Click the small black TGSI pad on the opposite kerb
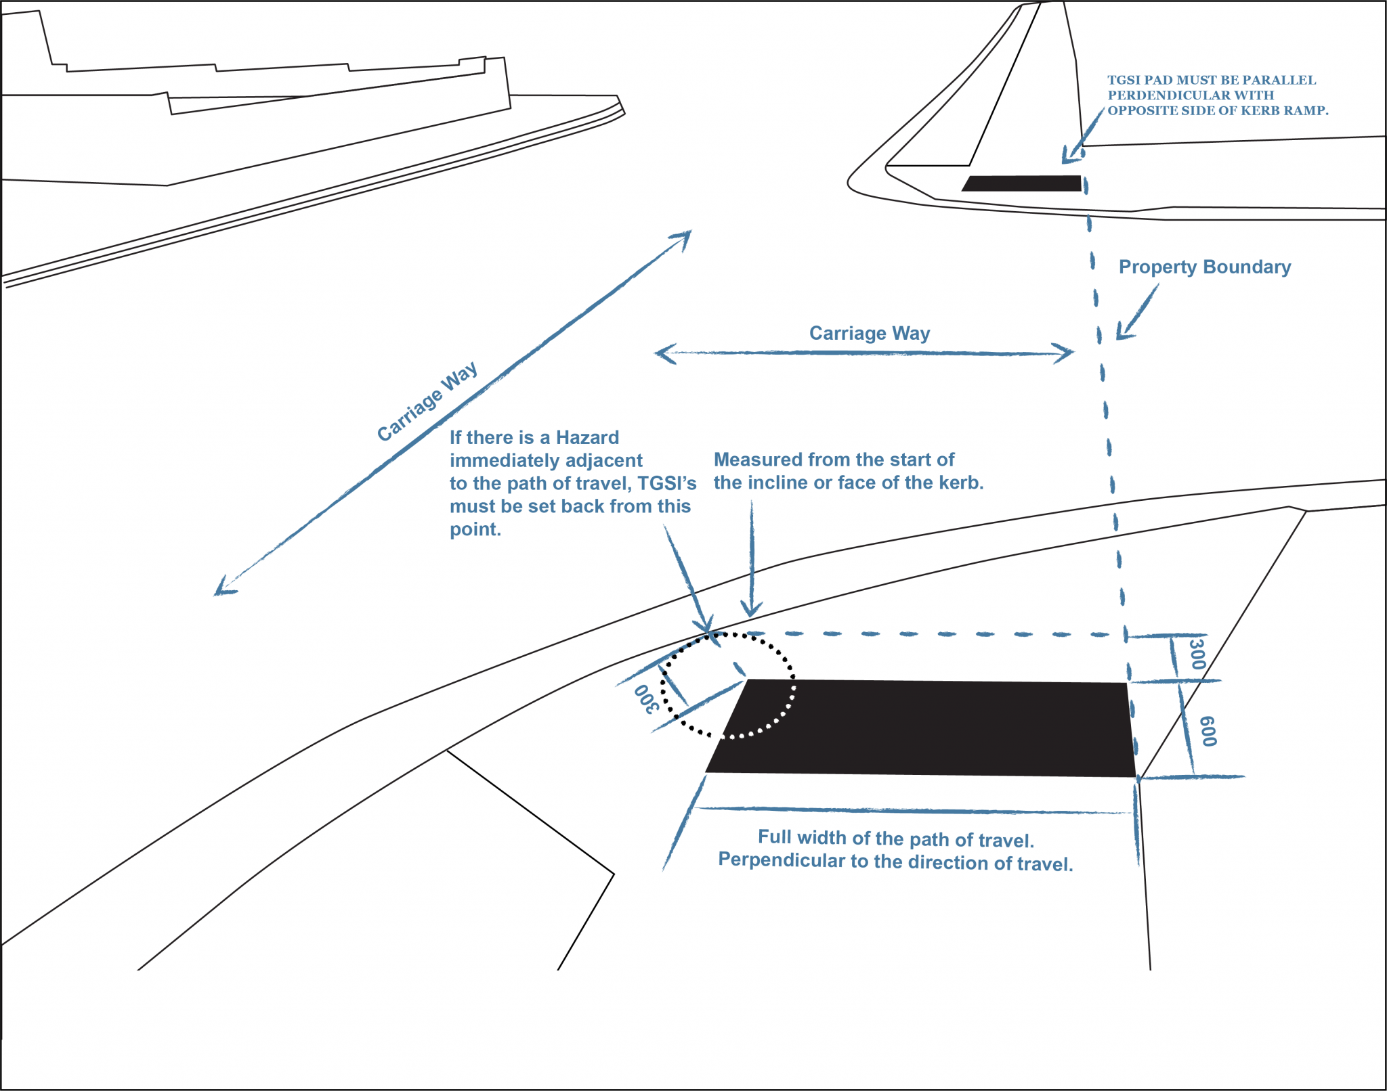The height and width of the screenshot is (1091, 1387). coord(1023,183)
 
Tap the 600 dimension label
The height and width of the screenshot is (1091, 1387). coord(1208,731)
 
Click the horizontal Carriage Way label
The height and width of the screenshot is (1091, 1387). coord(870,333)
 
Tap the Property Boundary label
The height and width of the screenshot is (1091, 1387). coord(1204,267)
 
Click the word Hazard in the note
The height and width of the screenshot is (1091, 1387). coord(587,437)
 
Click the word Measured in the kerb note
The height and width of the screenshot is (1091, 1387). coord(758,460)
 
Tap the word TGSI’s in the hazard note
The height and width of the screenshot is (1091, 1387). coord(667,483)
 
